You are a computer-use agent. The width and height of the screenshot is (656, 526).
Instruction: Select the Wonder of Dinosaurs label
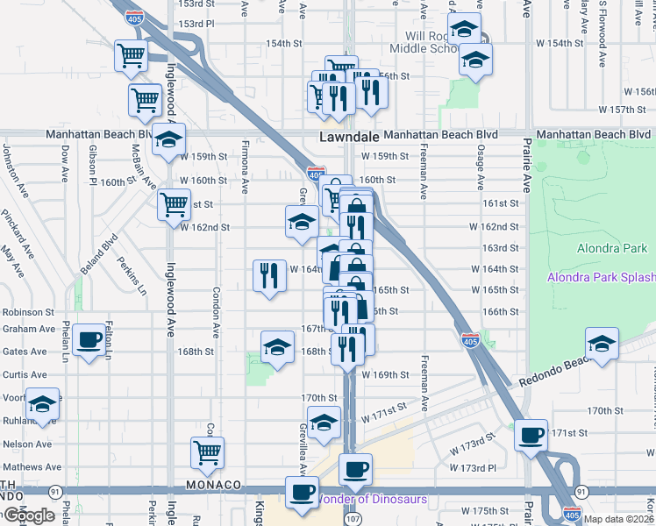[371, 500]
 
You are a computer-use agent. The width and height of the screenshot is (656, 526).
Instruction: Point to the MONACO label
[213, 485]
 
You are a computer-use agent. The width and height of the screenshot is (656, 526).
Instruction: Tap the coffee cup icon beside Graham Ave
[89, 340]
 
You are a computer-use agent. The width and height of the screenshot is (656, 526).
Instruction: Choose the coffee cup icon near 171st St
[530, 436]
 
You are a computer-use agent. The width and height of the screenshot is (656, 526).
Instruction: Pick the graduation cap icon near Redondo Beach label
[602, 344]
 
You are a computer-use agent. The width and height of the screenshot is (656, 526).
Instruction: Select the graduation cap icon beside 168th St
[277, 347]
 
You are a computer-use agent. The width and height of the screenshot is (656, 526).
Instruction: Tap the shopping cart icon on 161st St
[174, 205]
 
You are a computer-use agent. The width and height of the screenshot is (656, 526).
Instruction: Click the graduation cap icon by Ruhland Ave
[42, 404]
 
